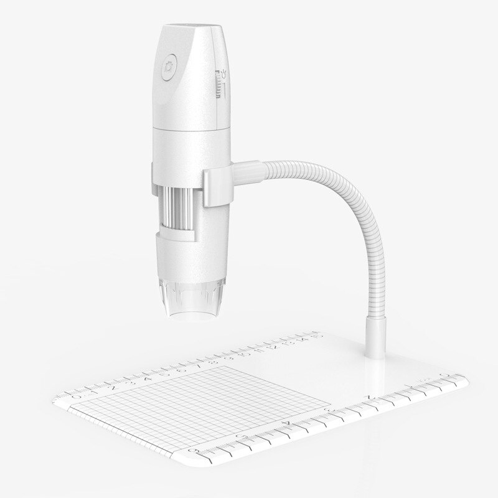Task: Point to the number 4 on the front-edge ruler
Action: [x=286, y=423]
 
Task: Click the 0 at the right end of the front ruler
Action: [x=443, y=375]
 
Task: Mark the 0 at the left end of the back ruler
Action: [x=77, y=395]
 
